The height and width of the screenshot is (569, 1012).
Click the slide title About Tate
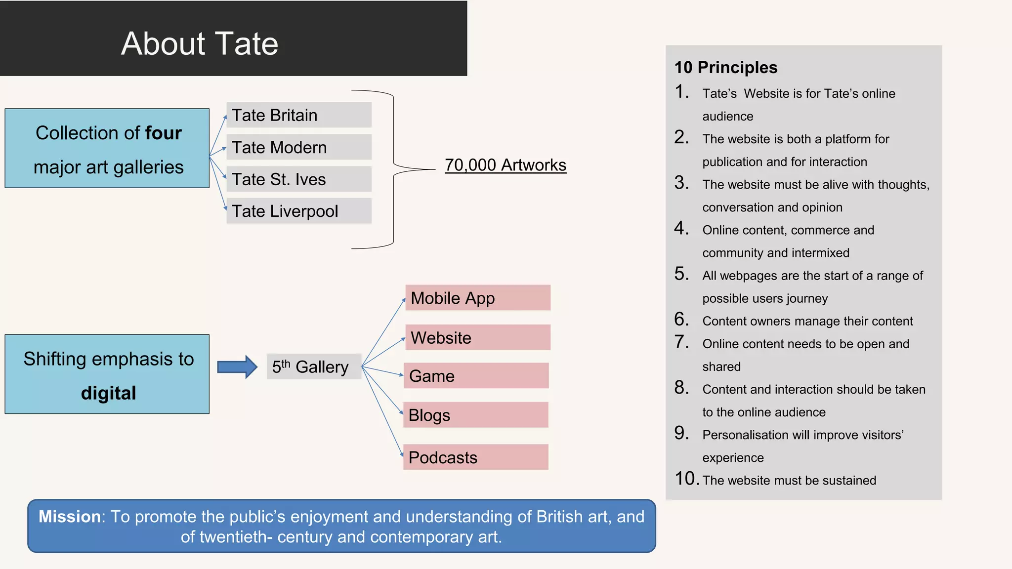pyautogui.click(x=200, y=43)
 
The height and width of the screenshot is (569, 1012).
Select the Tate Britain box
pyautogui.click(x=298, y=115)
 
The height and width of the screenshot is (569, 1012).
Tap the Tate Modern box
pyautogui.click(x=298, y=147)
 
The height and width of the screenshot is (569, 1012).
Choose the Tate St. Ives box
pyautogui.click(x=298, y=179)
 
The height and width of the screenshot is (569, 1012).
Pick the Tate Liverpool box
pyautogui.click(x=298, y=211)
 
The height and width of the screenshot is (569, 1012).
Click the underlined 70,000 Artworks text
pyautogui.click(x=505, y=165)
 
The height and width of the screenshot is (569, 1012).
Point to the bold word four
pyautogui.click(x=163, y=133)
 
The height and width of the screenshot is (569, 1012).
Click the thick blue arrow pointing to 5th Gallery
pyautogui.click(x=237, y=367)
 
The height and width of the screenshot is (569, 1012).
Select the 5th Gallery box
pyautogui.click(x=313, y=367)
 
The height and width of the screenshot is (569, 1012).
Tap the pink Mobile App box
pyautogui.click(x=477, y=298)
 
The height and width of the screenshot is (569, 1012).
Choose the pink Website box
pyautogui.click(x=477, y=337)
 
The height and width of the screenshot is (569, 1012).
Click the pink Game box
pyautogui.click(x=476, y=376)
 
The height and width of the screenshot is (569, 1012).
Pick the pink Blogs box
pyautogui.click(x=475, y=415)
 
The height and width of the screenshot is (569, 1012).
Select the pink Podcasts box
pyautogui.click(x=475, y=457)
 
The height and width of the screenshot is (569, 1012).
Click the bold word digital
pyautogui.click(x=108, y=393)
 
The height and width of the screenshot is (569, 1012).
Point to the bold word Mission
pyautogui.click(x=70, y=517)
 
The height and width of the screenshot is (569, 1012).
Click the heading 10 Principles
pyautogui.click(x=725, y=68)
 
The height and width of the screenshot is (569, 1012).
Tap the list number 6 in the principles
pyautogui.click(x=681, y=320)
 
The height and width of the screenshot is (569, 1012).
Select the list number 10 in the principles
pyautogui.click(x=687, y=479)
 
